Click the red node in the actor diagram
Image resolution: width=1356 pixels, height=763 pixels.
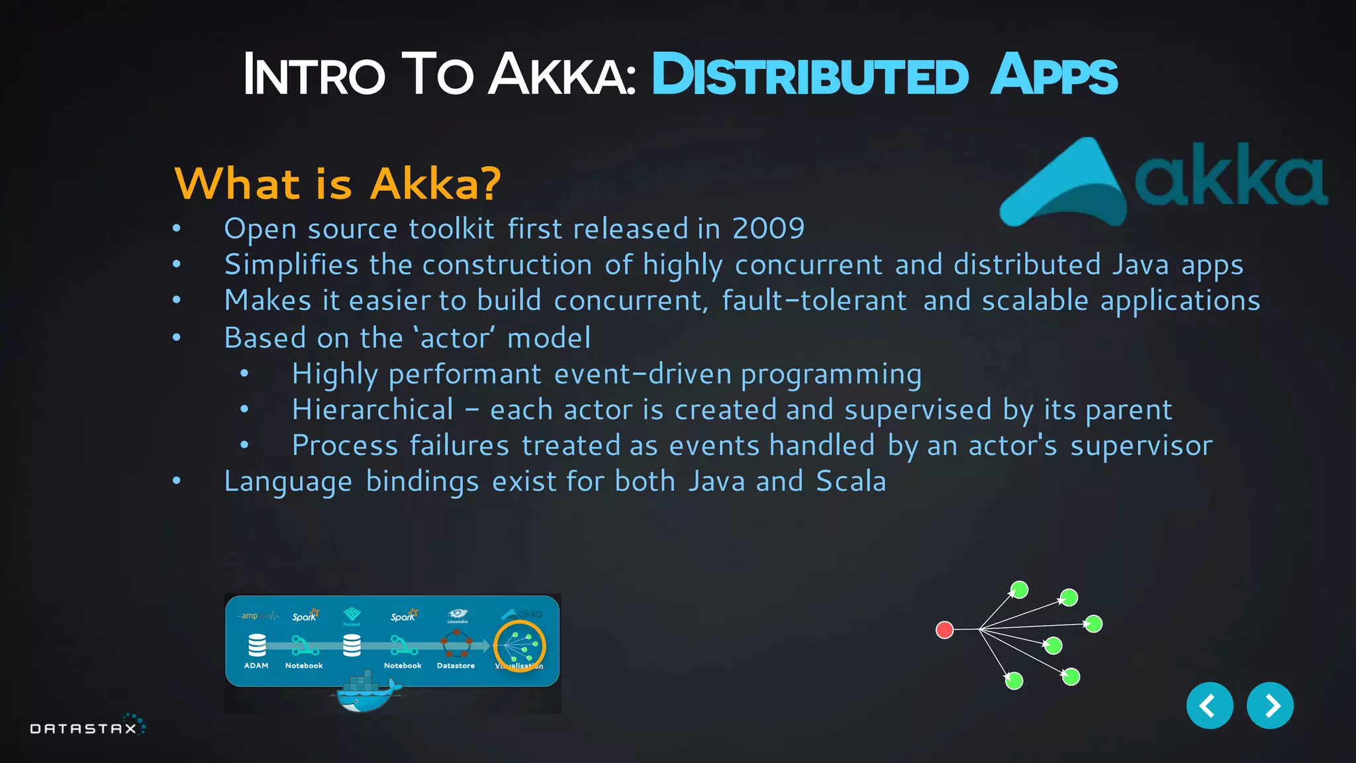pos(944,629)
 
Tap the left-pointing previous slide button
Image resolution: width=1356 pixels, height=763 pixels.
pos(1209,705)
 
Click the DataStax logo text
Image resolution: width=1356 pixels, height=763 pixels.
pos(83,729)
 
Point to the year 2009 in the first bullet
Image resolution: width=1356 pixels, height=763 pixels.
pos(768,229)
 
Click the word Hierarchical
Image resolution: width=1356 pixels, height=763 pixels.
pos(373,409)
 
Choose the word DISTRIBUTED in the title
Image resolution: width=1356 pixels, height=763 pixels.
pos(810,75)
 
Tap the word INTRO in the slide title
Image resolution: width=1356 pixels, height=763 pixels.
pos(314,75)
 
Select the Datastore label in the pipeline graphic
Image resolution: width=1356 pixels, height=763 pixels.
pos(456,666)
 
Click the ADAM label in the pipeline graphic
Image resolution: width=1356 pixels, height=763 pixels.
pos(256,666)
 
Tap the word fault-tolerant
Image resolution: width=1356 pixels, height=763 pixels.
pos(814,301)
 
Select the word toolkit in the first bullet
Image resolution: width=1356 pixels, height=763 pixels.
pos(452,229)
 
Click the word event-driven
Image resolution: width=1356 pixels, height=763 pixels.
pos(642,374)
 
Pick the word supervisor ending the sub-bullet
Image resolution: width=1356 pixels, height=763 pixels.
pos(1141,446)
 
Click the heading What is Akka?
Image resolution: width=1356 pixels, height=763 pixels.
pos(337,183)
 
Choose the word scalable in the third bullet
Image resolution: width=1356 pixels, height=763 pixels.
pos(1034,301)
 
